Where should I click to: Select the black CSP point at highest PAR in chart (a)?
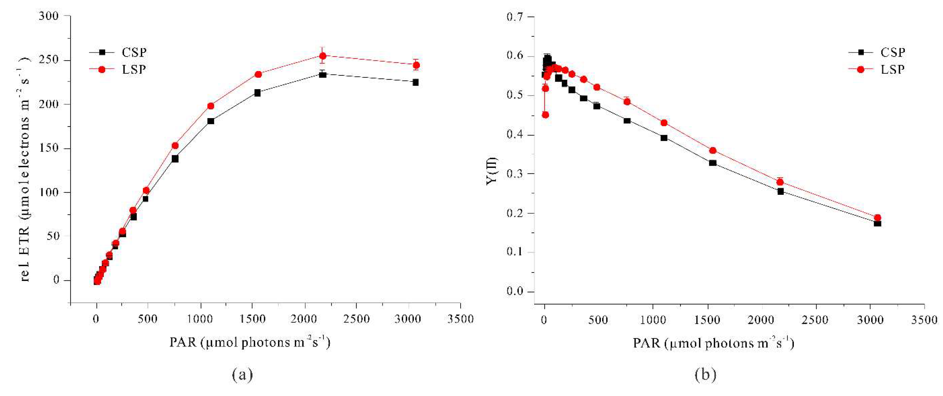[415, 82]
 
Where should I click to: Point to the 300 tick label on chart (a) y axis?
[49, 16]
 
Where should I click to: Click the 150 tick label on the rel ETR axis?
[49, 148]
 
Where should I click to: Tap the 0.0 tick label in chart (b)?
[516, 292]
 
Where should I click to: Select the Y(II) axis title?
[492, 171]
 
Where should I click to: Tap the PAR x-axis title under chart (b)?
[713, 343]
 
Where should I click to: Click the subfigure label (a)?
[242, 374]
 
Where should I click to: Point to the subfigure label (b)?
[705, 374]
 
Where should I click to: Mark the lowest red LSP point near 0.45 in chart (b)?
[545, 115]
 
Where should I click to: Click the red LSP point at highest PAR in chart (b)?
[877, 217]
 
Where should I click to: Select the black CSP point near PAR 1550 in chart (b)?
[713, 163]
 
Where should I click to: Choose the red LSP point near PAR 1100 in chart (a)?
[211, 106]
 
